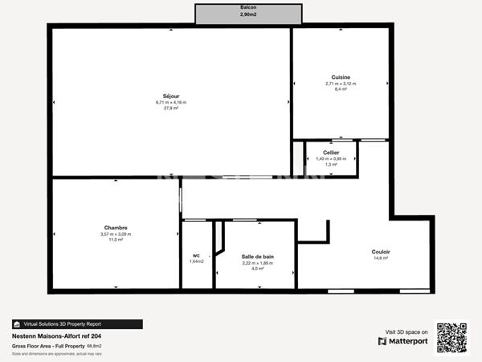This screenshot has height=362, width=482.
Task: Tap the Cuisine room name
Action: (x=341, y=77)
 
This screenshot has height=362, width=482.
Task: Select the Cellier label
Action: (x=331, y=152)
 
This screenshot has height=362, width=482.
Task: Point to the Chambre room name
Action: (x=116, y=228)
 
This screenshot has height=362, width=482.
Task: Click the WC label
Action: (x=196, y=255)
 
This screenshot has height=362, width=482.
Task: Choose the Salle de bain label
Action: (x=258, y=257)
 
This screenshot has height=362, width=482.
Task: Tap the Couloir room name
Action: (x=381, y=252)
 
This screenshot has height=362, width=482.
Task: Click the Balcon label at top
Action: (x=249, y=7)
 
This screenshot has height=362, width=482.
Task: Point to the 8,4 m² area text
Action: (x=341, y=89)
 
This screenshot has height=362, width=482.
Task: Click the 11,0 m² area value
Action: (x=116, y=240)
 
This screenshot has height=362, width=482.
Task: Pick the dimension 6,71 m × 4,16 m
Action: (x=170, y=102)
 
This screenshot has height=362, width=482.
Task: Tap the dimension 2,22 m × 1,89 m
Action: (x=258, y=262)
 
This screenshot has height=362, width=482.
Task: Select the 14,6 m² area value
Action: (x=381, y=257)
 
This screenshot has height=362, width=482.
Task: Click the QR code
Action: (x=451, y=337)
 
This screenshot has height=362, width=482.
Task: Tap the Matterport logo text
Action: (x=408, y=341)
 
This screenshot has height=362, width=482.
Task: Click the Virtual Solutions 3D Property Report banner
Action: (x=77, y=324)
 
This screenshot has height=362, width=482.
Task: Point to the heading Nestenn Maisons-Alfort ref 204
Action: (x=56, y=336)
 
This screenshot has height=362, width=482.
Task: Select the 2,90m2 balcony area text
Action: (x=249, y=14)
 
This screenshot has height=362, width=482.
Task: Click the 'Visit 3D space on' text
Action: (x=406, y=331)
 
